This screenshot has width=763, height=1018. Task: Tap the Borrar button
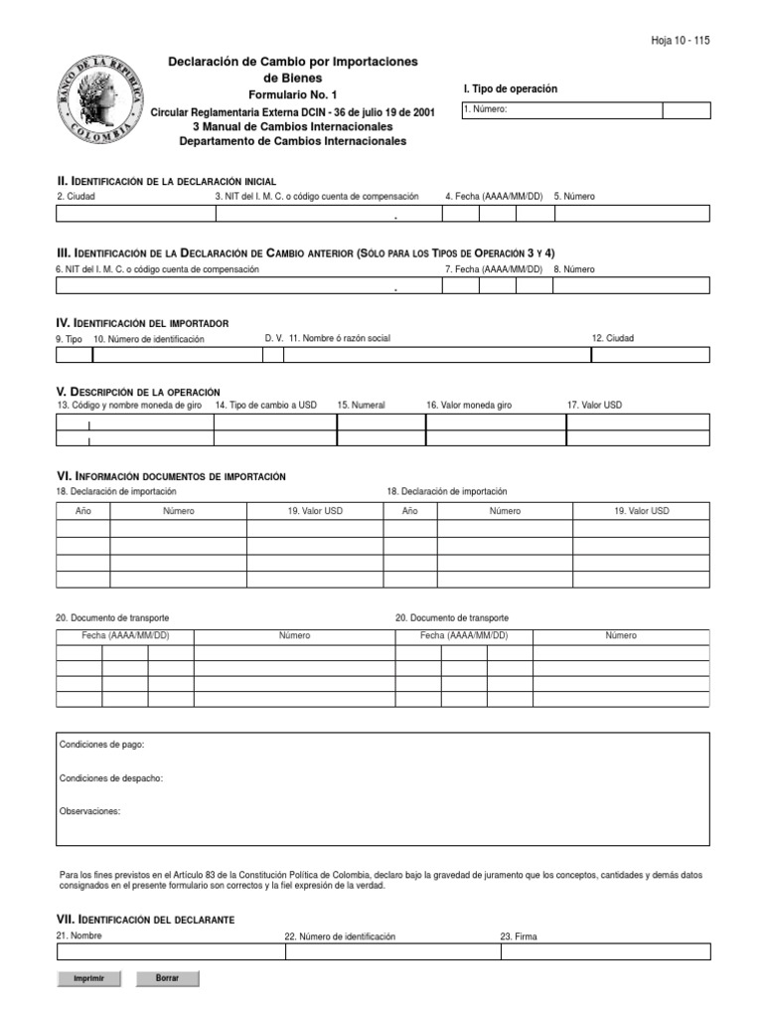[167, 978]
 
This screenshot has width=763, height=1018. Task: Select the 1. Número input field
[561, 110]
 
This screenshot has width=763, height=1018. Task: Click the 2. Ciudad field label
[76, 197]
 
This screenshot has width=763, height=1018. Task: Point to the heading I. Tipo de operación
[511, 89]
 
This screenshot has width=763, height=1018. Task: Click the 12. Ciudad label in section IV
[612, 338]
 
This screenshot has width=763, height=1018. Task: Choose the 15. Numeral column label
[361, 406]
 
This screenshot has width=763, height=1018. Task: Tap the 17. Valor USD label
[594, 406]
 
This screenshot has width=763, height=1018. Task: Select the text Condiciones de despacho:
[111, 778]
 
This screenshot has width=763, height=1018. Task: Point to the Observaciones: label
[89, 811]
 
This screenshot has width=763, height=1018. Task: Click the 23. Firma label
[519, 936]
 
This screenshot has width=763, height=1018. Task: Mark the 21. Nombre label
[79, 935]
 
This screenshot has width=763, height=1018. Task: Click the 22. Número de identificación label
[340, 936]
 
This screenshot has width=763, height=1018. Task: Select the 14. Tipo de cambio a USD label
[265, 406]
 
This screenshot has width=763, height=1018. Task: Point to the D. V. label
[274, 338]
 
